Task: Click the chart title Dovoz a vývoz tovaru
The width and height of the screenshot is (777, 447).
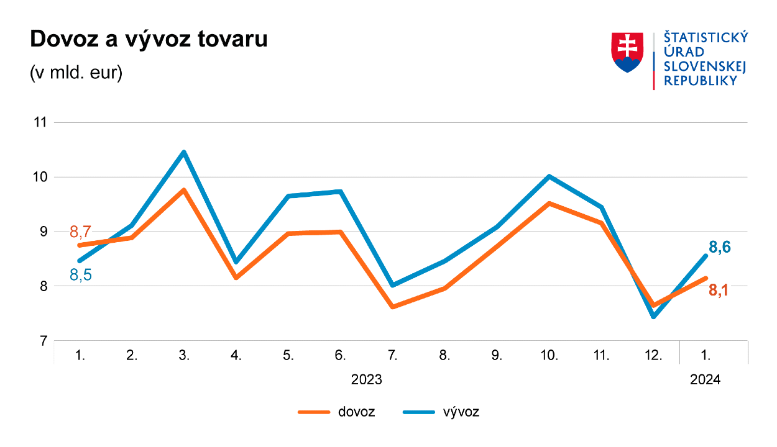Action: click(x=149, y=39)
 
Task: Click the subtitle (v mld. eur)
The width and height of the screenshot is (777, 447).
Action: click(x=76, y=72)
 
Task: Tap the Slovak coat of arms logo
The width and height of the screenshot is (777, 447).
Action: click(x=627, y=53)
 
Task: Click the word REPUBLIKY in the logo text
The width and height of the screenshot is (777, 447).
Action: click(x=701, y=81)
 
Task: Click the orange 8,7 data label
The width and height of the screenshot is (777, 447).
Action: click(x=80, y=233)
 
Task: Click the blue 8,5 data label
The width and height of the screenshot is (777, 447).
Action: click(x=81, y=275)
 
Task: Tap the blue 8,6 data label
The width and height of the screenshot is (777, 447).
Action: click(x=719, y=248)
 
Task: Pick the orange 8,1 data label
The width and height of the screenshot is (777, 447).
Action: click(x=719, y=289)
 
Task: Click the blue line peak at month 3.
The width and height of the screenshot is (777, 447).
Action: click(x=184, y=152)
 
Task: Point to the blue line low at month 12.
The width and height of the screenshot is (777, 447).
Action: click(x=654, y=317)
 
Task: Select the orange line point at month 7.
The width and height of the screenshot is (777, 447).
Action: click(x=393, y=307)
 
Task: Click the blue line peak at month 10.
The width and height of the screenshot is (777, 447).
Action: click(x=549, y=176)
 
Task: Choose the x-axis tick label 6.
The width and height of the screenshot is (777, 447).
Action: click(x=340, y=356)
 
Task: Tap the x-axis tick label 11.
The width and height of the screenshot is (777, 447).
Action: click(x=601, y=356)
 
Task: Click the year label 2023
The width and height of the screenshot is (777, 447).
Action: click(x=367, y=379)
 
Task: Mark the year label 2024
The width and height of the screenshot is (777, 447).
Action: click(x=705, y=379)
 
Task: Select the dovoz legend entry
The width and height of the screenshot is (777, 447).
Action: click(x=336, y=412)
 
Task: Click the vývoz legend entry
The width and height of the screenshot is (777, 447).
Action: click(x=441, y=412)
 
